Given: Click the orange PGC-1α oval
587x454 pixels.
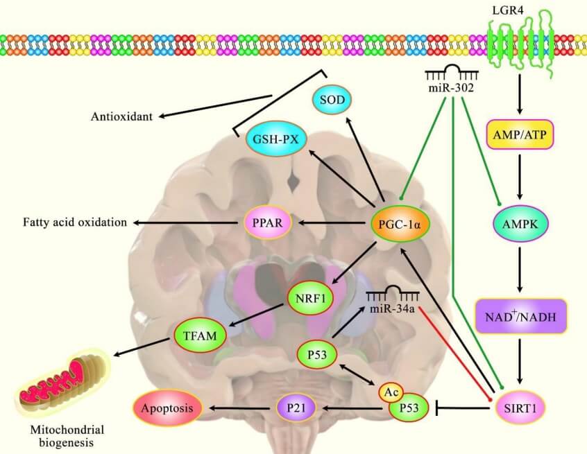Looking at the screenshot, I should point(400,223).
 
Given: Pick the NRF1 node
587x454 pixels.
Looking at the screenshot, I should point(309,300).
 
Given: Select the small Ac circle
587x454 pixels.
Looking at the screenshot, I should point(391,393).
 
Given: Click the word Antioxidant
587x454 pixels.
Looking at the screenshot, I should point(121,116).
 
